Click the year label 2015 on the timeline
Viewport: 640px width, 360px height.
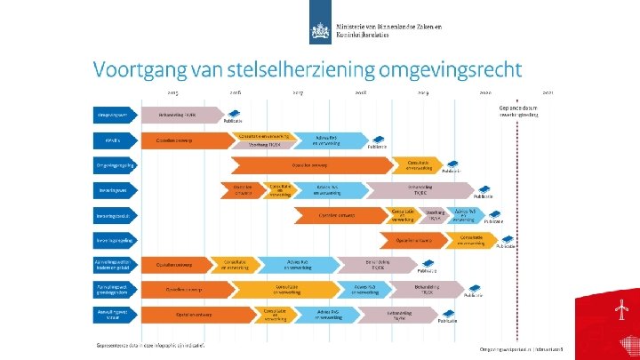click(172, 92)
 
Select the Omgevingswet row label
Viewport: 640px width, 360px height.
click(114, 115)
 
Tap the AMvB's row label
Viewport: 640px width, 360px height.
click(114, 140)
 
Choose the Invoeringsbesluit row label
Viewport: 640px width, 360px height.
click(114, 216)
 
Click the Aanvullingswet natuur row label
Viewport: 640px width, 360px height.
click(114, 314)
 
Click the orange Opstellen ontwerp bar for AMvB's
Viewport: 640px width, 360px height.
click(182, 140)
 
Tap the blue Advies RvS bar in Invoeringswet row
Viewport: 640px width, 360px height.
click(329, 190)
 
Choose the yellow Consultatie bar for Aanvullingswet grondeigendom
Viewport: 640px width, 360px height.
click(286, 290)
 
